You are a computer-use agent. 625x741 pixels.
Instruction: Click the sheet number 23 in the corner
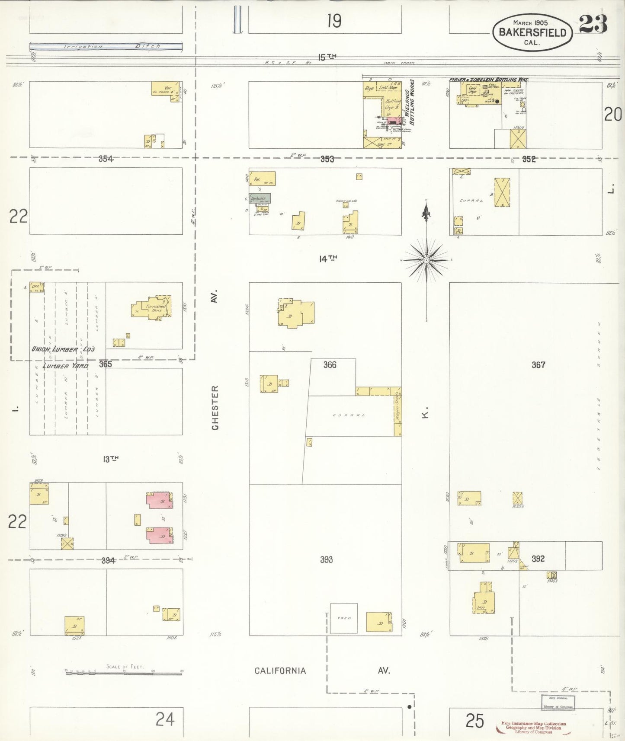point(593,24)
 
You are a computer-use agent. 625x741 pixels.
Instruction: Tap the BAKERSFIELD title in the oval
point(532,32)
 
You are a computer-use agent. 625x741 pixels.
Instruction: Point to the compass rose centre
point(426,260)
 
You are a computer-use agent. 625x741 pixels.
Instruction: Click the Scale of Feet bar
point(124,673)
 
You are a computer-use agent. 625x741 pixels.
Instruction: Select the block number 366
point(330,365)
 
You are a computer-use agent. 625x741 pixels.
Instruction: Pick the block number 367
point(538,365)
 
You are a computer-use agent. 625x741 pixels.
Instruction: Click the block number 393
point(326,559)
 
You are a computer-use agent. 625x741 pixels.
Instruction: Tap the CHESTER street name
point(215,407)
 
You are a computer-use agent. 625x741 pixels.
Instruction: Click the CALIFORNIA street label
point(280,671)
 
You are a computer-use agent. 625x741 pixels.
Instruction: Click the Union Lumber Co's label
point(63,349)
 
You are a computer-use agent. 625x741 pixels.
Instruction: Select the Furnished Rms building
point(154,308)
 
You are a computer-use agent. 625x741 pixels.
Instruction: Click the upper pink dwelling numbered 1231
point(160,500)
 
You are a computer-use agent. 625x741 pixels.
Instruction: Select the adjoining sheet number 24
point(165,719)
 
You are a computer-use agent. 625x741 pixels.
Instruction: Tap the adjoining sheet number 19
point(334,21)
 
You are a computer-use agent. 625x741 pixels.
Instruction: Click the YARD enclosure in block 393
point(344,618)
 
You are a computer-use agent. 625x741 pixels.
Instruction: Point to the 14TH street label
point(327,259)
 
